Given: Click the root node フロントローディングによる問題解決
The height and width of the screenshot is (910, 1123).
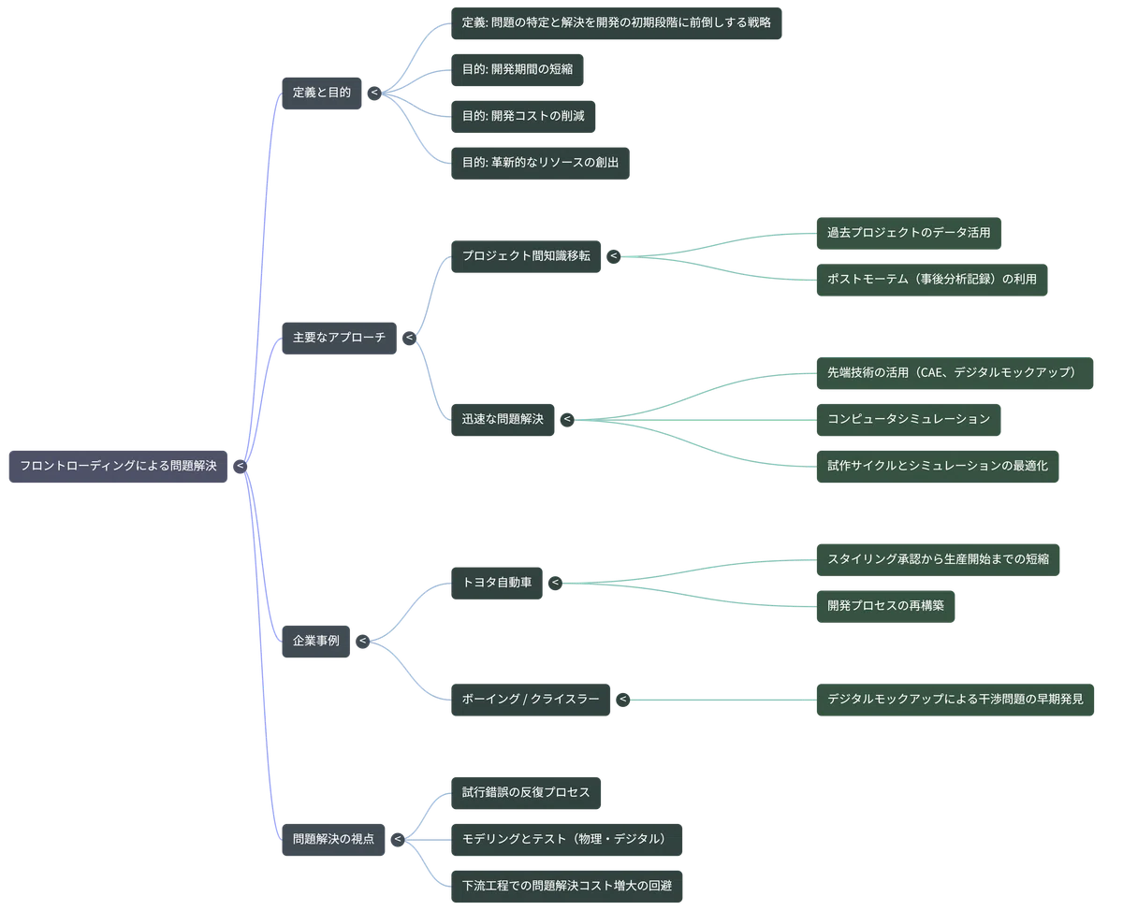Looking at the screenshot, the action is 118,466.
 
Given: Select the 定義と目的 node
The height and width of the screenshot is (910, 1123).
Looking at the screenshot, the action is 322,94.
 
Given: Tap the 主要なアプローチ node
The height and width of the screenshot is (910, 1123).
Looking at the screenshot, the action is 339,338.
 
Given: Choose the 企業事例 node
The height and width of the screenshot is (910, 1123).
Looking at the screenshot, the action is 315,641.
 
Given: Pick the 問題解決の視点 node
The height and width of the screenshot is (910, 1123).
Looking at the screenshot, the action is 333,840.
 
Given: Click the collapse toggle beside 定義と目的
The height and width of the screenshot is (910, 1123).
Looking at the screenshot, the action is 374,94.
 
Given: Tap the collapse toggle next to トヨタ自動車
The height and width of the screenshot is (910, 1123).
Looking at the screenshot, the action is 555,583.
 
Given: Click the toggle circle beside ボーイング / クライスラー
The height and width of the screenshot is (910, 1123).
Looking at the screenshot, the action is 622,700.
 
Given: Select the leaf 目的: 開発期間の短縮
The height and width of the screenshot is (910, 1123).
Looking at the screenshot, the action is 518,69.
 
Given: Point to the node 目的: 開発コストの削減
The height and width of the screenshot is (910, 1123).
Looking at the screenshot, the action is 523,117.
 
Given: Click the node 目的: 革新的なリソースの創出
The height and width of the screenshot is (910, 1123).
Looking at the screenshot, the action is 540,163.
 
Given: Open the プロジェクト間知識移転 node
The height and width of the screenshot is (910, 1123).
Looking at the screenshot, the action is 526,256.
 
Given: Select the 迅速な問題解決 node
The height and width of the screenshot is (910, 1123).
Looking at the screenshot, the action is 503,420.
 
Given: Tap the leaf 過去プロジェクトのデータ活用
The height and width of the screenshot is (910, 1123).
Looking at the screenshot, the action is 909,233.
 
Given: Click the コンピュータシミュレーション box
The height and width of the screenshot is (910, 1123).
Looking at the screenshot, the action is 909,420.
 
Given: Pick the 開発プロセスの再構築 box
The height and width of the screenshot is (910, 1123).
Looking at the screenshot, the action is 885,606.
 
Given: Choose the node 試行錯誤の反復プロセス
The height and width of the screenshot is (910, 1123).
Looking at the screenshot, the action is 526,793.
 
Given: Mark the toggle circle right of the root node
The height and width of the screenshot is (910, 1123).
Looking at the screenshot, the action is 240,466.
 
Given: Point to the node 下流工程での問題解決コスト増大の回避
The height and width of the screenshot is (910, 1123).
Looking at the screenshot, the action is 567,887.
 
